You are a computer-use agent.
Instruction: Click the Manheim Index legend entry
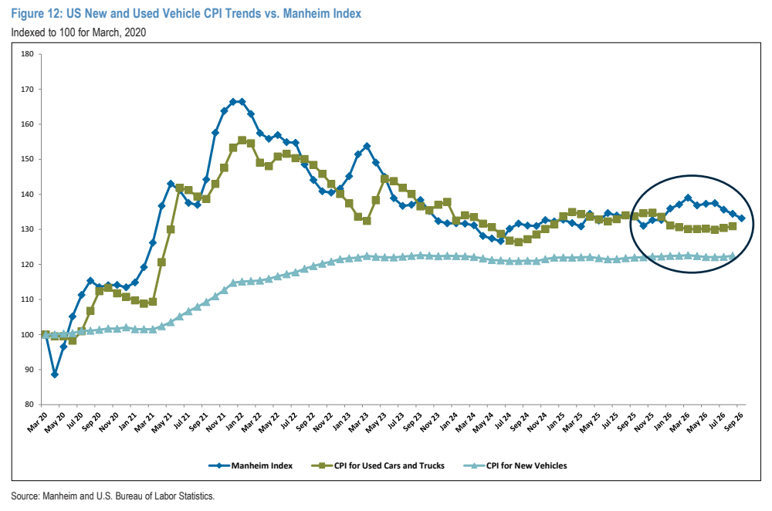[x=251, y=465]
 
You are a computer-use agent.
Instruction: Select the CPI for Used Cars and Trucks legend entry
[x=378, y=465]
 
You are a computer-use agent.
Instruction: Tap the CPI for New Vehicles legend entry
[x=516, y=465]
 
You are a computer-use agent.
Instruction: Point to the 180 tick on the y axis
[x=28, y=54]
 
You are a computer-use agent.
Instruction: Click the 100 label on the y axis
[x=28, y=335]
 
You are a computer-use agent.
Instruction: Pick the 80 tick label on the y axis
[x=29, y=404]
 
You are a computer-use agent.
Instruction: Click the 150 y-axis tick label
[x=28, y=160]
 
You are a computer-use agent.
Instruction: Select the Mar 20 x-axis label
[x=38, y=422]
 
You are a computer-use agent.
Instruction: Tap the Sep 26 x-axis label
[x=733, y=421]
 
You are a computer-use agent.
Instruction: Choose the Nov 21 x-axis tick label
[x=216, y=422]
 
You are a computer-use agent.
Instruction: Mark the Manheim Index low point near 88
[x=55, y=374]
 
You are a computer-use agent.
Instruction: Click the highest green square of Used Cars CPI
[x=242, y=140]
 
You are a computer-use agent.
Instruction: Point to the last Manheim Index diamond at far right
[x=741, y=218]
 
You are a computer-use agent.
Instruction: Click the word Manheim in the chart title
[x=308, y=14]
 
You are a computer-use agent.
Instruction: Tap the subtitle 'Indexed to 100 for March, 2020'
[x=79, y=32]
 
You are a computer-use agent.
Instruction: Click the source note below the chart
[x=113, y=496]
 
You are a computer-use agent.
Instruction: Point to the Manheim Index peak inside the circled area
[x=688, y=198]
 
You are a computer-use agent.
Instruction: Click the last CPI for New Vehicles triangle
[x=732, y=256]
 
